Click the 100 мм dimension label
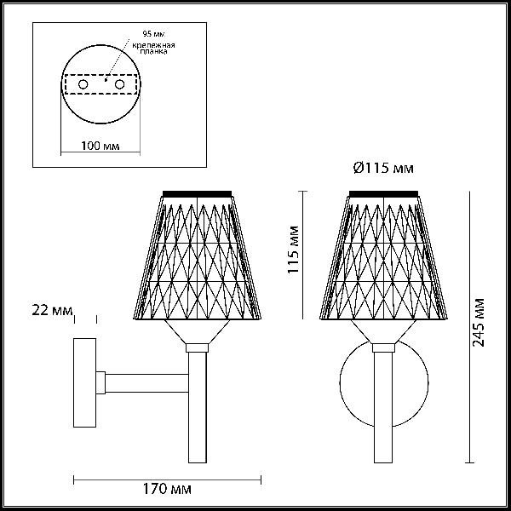tap(100, 146)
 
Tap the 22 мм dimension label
tap(52, 310)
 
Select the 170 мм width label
tap(167, 489)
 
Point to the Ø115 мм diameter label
tap(383, 168)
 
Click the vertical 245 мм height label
tap(479, 323)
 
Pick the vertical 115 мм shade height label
tap(293, 250)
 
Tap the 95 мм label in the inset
tap(153, 33)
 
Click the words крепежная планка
tap(153, 49)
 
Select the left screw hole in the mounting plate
tap(83, 84)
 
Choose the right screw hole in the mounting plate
tap(119, 84)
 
